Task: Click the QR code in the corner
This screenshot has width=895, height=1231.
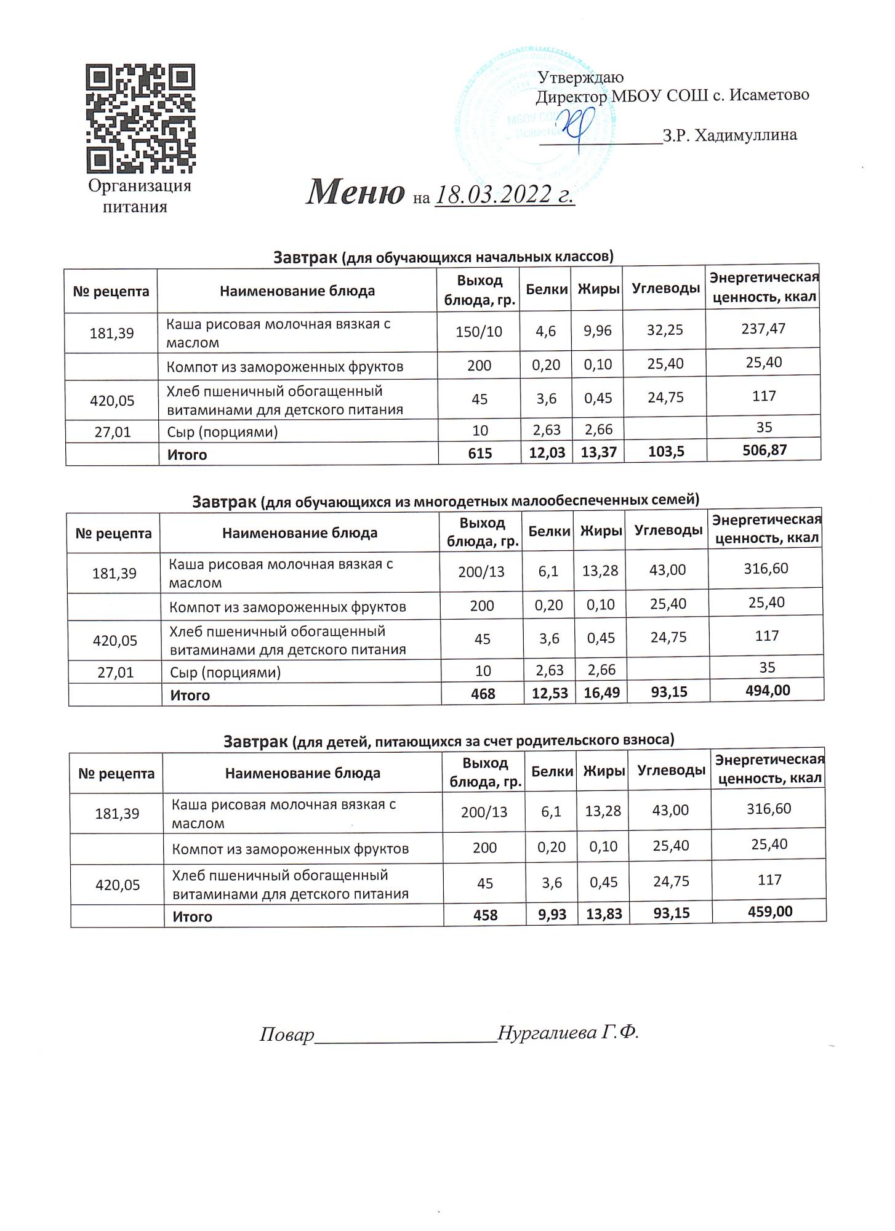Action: [x=140, y=118]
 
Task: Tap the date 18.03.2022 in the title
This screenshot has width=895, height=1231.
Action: [x=504, y=194]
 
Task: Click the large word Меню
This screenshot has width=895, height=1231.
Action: [x=355, y=192]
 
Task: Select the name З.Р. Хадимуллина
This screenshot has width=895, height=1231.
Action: [x=729, y=135]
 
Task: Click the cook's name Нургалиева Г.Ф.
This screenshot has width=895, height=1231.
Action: [x=568, y=1032]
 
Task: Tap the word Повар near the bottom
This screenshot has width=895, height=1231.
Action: [x=287, y=1034]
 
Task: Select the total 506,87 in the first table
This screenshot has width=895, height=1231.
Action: [x=764, y=450]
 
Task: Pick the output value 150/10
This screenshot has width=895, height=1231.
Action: [x=479, y=332]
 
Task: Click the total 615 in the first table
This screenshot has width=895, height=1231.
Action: [x=480, y=454]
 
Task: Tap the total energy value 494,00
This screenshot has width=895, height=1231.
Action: [x=766, y=690]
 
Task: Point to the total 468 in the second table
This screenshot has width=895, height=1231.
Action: [x=483, y=694]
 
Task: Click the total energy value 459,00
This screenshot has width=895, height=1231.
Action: [x=769, y=911]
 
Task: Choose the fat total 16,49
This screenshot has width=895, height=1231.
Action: [x=601, y=693]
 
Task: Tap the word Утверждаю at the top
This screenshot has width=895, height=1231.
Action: [x=581, y=78]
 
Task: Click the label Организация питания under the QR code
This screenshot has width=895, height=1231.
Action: [x=139, y=196]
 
